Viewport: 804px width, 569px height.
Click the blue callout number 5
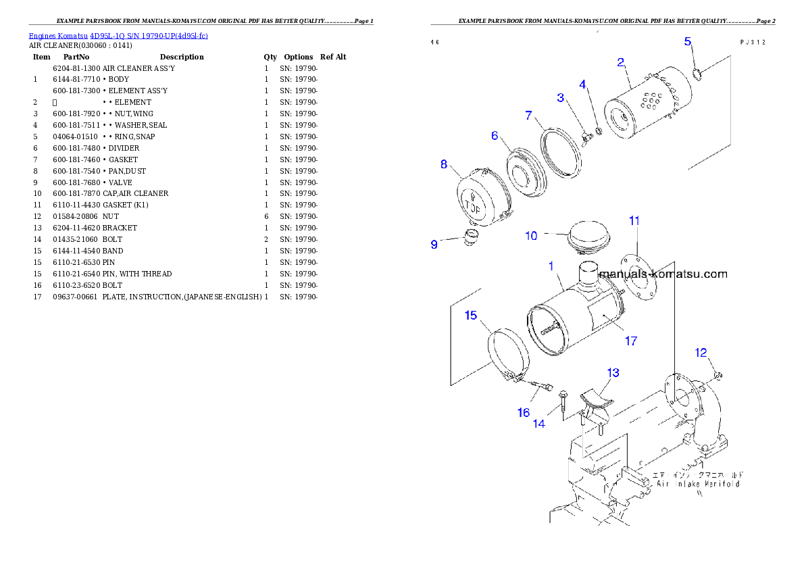pos(688,42)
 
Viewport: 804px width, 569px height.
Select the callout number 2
pos(620,63)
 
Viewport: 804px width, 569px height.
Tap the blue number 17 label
pos(630,341)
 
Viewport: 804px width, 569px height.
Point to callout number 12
pos(701,352)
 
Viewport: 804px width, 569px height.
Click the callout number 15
pos(471,316)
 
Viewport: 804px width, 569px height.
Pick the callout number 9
pos(434,245)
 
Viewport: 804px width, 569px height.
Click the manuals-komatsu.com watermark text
pos(663,274)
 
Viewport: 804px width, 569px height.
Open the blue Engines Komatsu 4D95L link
pos(118,35)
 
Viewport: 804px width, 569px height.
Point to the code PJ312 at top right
pos(753,42)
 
